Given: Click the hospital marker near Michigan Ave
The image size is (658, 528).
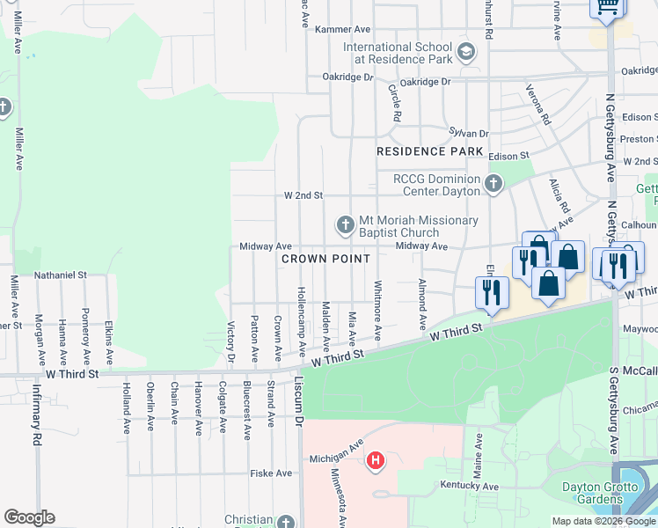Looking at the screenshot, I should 377,459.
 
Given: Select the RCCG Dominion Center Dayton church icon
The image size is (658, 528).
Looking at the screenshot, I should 493,184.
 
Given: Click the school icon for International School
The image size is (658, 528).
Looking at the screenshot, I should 466,53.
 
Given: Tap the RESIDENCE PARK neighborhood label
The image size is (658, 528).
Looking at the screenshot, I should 429,151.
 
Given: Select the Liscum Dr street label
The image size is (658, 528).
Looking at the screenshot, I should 298,401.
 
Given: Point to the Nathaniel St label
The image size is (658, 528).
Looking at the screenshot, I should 60,275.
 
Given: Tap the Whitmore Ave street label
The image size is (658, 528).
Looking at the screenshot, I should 377,310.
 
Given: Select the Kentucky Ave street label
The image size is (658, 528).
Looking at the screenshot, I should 471,486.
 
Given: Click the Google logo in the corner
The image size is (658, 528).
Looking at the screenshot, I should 29,517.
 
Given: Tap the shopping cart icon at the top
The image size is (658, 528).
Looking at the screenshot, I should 607,7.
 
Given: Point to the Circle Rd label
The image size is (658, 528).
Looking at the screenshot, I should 396,102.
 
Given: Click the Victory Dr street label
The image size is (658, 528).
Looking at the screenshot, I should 232,341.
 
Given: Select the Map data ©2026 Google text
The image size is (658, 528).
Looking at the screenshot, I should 603,521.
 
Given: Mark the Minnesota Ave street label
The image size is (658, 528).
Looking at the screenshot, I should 335,497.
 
